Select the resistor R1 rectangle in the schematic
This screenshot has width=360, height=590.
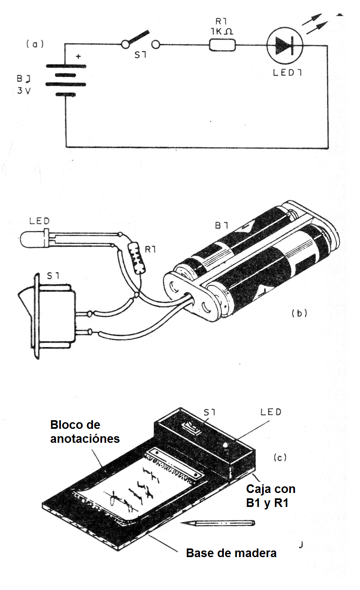[223, 44]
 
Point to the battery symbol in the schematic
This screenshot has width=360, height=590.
[65, 80]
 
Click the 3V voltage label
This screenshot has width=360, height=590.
[24, 91]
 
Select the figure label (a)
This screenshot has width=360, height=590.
[34, 44]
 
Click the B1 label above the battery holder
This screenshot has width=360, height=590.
[222, 226]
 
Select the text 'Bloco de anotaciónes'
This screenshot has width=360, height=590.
[85, 432]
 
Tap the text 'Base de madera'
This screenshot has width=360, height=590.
[231, 553]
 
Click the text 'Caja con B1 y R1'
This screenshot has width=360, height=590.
[270, 496]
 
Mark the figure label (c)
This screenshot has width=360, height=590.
[279, 457]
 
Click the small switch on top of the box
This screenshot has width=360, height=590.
[193, 428]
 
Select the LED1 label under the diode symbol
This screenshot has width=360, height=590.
[286, 73]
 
